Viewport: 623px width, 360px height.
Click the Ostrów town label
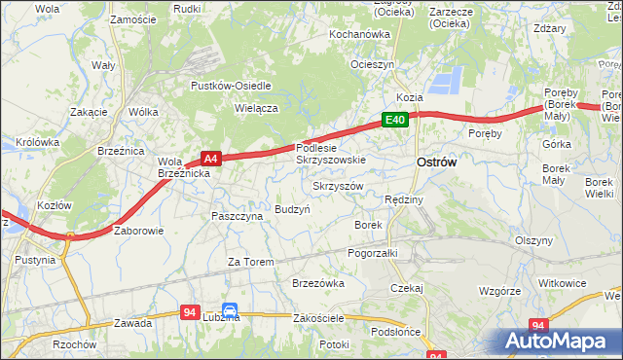[436, 162]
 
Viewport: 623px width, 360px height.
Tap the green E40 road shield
[394, 120]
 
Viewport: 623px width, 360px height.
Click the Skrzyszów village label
[338, 185]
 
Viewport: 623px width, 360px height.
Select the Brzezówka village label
[318, 283]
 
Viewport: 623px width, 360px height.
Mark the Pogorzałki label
[374, 252]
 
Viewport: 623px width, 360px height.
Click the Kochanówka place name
[358, 34]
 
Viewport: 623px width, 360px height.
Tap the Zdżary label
[550, 28]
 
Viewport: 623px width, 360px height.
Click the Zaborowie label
[139, 231]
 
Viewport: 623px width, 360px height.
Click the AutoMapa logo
[556, 342]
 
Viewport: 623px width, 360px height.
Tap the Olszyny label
[533, 239]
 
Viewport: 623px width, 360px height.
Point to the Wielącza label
[256, 108]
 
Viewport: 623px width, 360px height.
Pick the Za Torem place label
[250, 262]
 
